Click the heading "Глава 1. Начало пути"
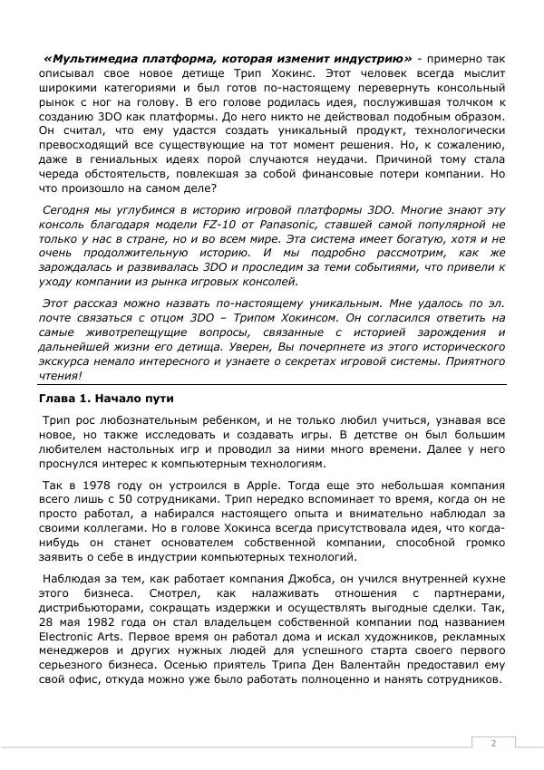(x=106, y=399)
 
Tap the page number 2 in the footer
(x=493, y=744)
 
